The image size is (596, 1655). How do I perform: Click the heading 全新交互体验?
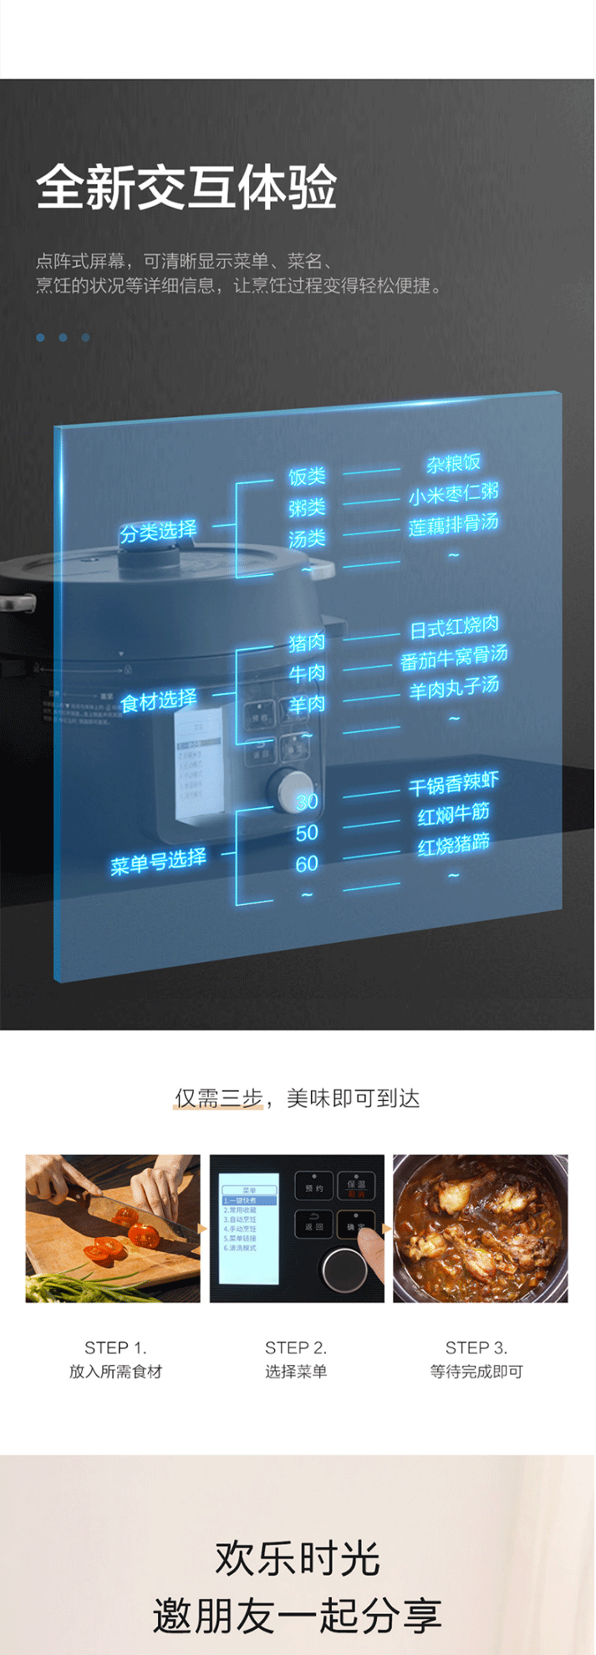[x=186, y=187]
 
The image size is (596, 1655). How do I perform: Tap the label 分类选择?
[x=158, y=531]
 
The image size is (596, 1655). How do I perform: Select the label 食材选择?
[x=158, y=700]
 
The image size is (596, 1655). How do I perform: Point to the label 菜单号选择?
[x=158, y=862]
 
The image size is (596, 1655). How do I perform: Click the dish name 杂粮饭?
[x=453, y=463]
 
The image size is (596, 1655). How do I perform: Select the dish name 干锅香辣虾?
[x=454, y=784]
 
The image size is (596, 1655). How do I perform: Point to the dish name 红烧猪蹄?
[x=454, y=845]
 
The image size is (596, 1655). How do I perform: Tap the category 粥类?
[x=307, y=507]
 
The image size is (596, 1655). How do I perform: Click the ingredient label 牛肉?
[x=307, y=673]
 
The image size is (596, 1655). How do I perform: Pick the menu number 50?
[x=307, y=833]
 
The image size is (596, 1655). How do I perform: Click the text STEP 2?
[x=296, y=1347]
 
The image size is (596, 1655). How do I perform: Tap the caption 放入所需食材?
[x=115, y=1372]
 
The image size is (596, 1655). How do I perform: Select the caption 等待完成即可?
[x=476, y=1372]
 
